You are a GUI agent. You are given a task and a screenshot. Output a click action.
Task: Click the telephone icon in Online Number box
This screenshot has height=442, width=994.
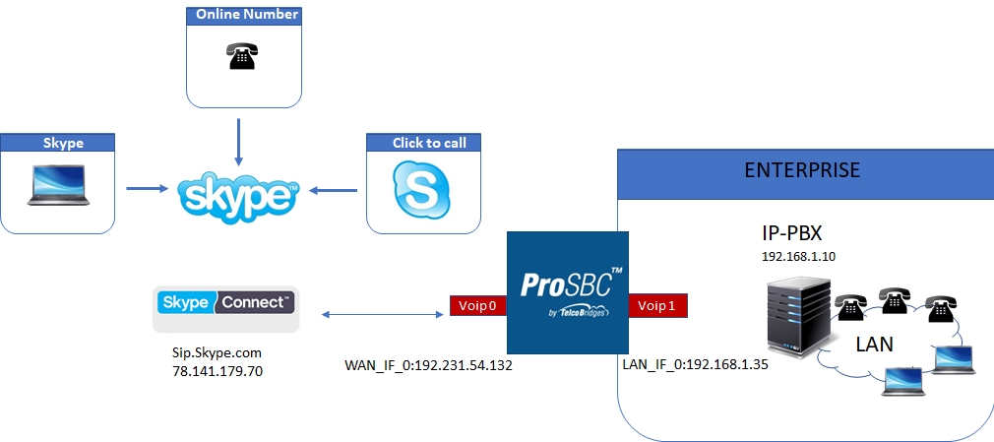[x=238, y=58]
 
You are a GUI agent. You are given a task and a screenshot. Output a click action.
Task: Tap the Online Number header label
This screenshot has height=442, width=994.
[x=247, y=15]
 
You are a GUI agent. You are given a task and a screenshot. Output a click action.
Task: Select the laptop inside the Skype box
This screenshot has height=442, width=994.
[x=59, y=187]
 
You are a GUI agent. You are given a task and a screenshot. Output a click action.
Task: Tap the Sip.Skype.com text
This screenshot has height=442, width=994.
[x=216, y=351]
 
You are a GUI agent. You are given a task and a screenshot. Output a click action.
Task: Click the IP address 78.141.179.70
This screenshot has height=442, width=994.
[x=216, y=371]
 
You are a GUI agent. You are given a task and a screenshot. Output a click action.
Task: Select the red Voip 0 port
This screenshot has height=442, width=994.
[x=477, y=306]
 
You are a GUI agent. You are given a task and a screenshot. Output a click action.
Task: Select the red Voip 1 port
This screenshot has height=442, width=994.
[x=657, y=306]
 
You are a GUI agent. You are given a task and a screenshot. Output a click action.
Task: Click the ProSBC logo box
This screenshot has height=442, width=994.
[x=567, y=293]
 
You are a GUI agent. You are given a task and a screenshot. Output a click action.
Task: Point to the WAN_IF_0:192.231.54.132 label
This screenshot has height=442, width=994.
[x=428, y=364]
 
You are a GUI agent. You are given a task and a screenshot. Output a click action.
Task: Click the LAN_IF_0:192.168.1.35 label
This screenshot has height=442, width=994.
[x=695, y=363]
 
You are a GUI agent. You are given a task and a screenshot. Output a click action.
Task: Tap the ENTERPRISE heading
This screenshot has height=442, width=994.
[x=802, y=170]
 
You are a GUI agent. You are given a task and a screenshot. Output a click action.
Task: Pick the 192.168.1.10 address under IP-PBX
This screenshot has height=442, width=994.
[x=797, y=256]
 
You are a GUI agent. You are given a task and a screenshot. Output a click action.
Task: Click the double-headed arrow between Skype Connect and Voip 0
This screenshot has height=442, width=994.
[x=379, y=315]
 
